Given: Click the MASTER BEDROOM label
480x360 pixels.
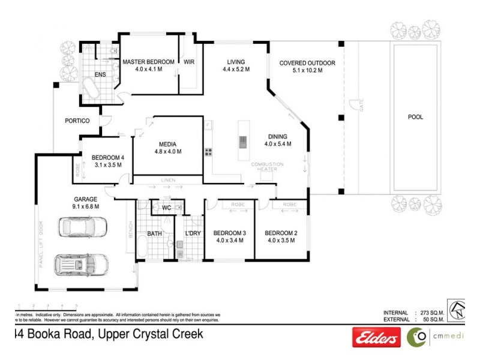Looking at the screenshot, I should click(x=148, y=62).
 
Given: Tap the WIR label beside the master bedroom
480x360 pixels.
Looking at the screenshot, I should click(x=189, y=62).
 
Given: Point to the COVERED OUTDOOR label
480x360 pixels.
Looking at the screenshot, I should click(x=307, y=62).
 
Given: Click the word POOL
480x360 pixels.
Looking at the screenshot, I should click(x=415, y=117).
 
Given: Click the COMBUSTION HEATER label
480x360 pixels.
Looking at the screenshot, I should click(x=267, y=167).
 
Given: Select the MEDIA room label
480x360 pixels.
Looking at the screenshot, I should click(x=167, y=144).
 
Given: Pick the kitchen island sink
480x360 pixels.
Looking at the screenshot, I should click(x=243, y=142).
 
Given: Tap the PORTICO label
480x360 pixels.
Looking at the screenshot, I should click(x=77, y=121).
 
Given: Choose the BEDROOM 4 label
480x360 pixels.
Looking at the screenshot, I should click(x=107, y=158).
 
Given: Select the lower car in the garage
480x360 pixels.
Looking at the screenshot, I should click(x=80, y=264).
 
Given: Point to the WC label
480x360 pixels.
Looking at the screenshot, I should click(x=167, y=208).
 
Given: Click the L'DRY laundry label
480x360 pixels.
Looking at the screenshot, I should click(x=193, y=233).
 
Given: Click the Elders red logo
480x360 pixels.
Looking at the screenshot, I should click(x=376, y=338).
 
